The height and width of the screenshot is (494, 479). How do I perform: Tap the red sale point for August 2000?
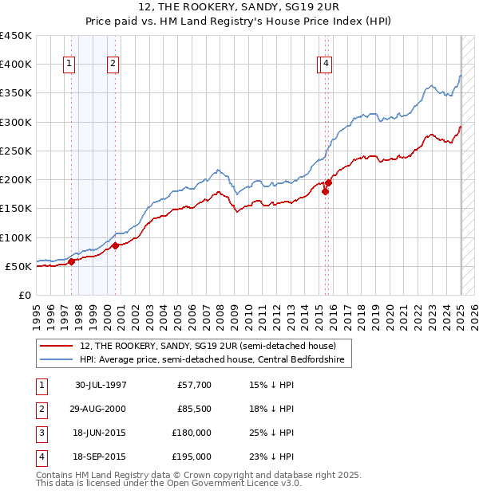click(x=115, y=245)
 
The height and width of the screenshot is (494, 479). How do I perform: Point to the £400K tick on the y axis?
click(x=18, y=65)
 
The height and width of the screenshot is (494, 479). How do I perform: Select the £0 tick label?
click(x=25, y=295)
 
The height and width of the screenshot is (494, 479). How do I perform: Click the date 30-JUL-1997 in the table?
click(x=101, y=385)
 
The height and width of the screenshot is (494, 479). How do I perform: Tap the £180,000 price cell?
click(x=192, y=433)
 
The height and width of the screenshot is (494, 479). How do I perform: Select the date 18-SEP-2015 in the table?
click(x=101, y=457)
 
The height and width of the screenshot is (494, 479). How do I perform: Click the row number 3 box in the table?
click(x=39, y=433)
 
